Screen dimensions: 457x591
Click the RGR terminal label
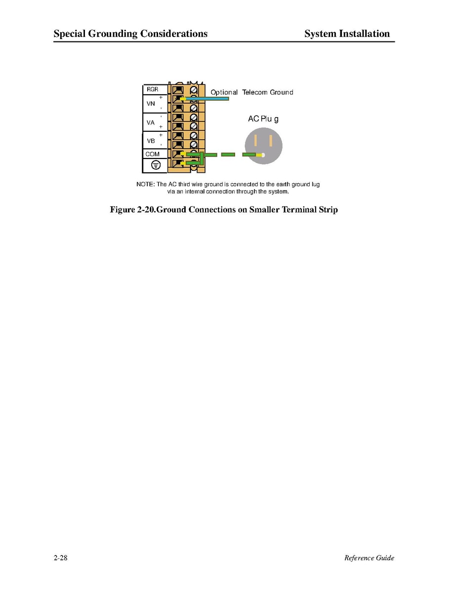pos(152,89)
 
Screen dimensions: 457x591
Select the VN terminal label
pos(151,104)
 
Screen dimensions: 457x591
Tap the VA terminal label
pos(151,122)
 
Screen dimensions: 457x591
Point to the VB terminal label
pos(151,141)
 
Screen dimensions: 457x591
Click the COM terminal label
pos(152,154)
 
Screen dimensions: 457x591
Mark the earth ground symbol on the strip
pos(156,165)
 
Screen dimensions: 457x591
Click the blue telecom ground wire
pos(207,99)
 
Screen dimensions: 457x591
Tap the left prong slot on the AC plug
pos(255,141)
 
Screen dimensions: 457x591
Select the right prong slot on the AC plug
pos(271,141)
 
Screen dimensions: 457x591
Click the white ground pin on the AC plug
pos(263,155)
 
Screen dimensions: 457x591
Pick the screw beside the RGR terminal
pos(194,90)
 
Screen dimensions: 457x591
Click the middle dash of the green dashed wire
pos(228,155)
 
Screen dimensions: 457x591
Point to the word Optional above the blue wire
pos(224,92)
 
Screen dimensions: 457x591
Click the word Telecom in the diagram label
pos(254,92)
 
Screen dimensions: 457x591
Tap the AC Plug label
pos(263,119)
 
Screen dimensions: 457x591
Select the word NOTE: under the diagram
pos(146,184)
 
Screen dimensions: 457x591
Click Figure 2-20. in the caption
pos(133,209)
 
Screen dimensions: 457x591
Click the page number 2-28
pos(61,558)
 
